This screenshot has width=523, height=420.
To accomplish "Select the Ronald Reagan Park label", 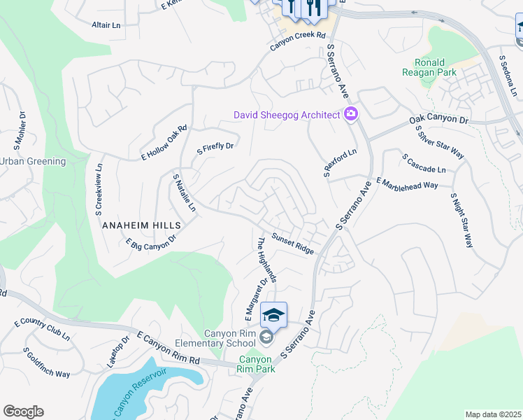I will [x=434, y=67].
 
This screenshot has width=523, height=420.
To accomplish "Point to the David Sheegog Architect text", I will [x=287, y=115].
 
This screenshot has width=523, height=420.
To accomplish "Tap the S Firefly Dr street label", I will [x=215, y=148].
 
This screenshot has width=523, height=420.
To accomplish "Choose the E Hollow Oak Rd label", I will [x=164, y=143].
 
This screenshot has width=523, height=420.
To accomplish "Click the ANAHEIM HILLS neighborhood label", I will [x=141, y=225].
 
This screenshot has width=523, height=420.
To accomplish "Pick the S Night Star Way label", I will [x=461, y=220].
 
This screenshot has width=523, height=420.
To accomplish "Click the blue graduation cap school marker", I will [x=274, y=315].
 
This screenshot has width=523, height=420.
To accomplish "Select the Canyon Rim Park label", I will [x=254, y=364].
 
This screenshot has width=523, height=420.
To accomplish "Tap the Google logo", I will [x=23, y=412].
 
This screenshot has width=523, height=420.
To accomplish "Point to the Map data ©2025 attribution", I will [x=492, y=414].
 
